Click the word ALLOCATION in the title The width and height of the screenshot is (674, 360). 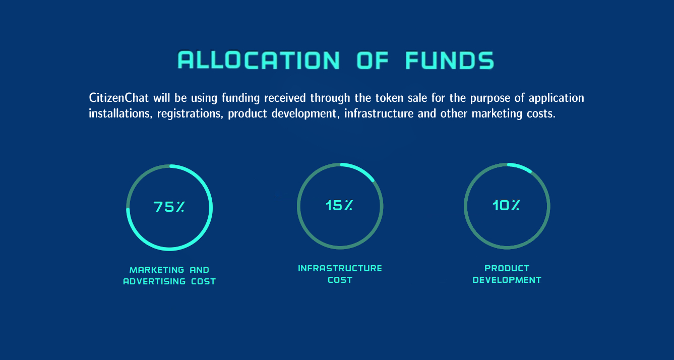tap(259, 60)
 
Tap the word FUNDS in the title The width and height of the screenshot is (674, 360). tap(450, 60)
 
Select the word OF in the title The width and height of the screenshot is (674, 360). tap(373, 60)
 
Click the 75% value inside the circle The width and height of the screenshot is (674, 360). tap(169, 207)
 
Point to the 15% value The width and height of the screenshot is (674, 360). tap(339, 206)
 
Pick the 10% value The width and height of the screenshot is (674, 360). tap(506, 206)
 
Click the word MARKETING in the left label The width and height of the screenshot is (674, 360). tap(157, 270)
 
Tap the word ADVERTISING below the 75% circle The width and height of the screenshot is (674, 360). tap(154, 281)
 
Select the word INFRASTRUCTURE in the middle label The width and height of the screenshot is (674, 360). tap(340, 268)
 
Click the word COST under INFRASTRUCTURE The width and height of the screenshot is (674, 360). tap(340, 280)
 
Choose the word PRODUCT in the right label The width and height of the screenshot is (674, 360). tap(507, 268)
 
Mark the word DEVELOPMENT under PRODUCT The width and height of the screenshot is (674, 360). tap(507, 280)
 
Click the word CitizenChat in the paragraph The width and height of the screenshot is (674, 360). tap(119, 98)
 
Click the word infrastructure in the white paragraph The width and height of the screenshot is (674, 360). tap(379, 113)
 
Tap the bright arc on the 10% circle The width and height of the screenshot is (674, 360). tap(520, 166)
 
